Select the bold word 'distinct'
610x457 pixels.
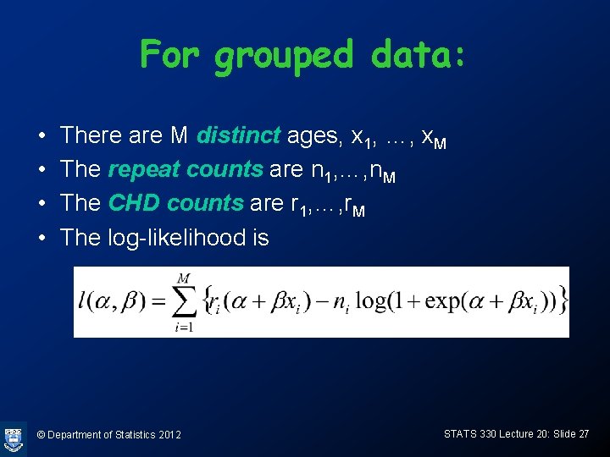[238, 135]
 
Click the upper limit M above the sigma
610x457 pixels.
[184, 278]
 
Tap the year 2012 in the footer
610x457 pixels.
[169, 435]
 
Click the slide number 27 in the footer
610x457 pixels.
[582, 433]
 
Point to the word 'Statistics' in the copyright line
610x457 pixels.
[130, 435]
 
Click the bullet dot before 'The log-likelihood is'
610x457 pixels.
[42, 238]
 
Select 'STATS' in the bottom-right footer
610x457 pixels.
[460, 433]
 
